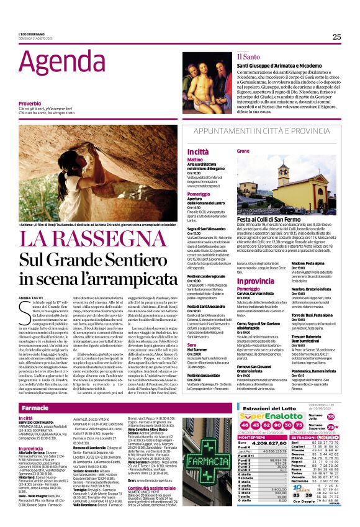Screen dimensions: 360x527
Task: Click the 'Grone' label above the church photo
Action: coord(243,151)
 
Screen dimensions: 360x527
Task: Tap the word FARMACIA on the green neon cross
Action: coord(207,461)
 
